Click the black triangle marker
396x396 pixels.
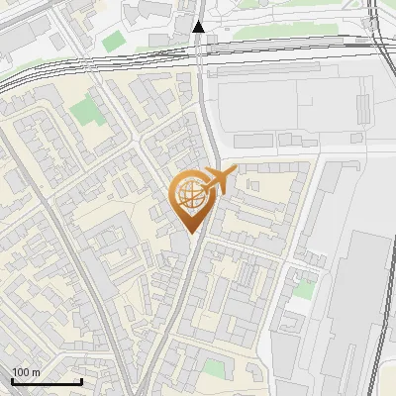point(199,27)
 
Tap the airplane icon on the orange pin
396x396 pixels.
point(215,181)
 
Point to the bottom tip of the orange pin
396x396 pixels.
point(190,234)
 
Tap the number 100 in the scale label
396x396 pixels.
point(21,372)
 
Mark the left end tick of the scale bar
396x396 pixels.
point(12,381)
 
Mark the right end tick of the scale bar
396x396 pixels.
point(81,381)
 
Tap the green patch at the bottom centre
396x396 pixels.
point(214,368)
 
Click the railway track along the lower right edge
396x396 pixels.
point(382,327)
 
